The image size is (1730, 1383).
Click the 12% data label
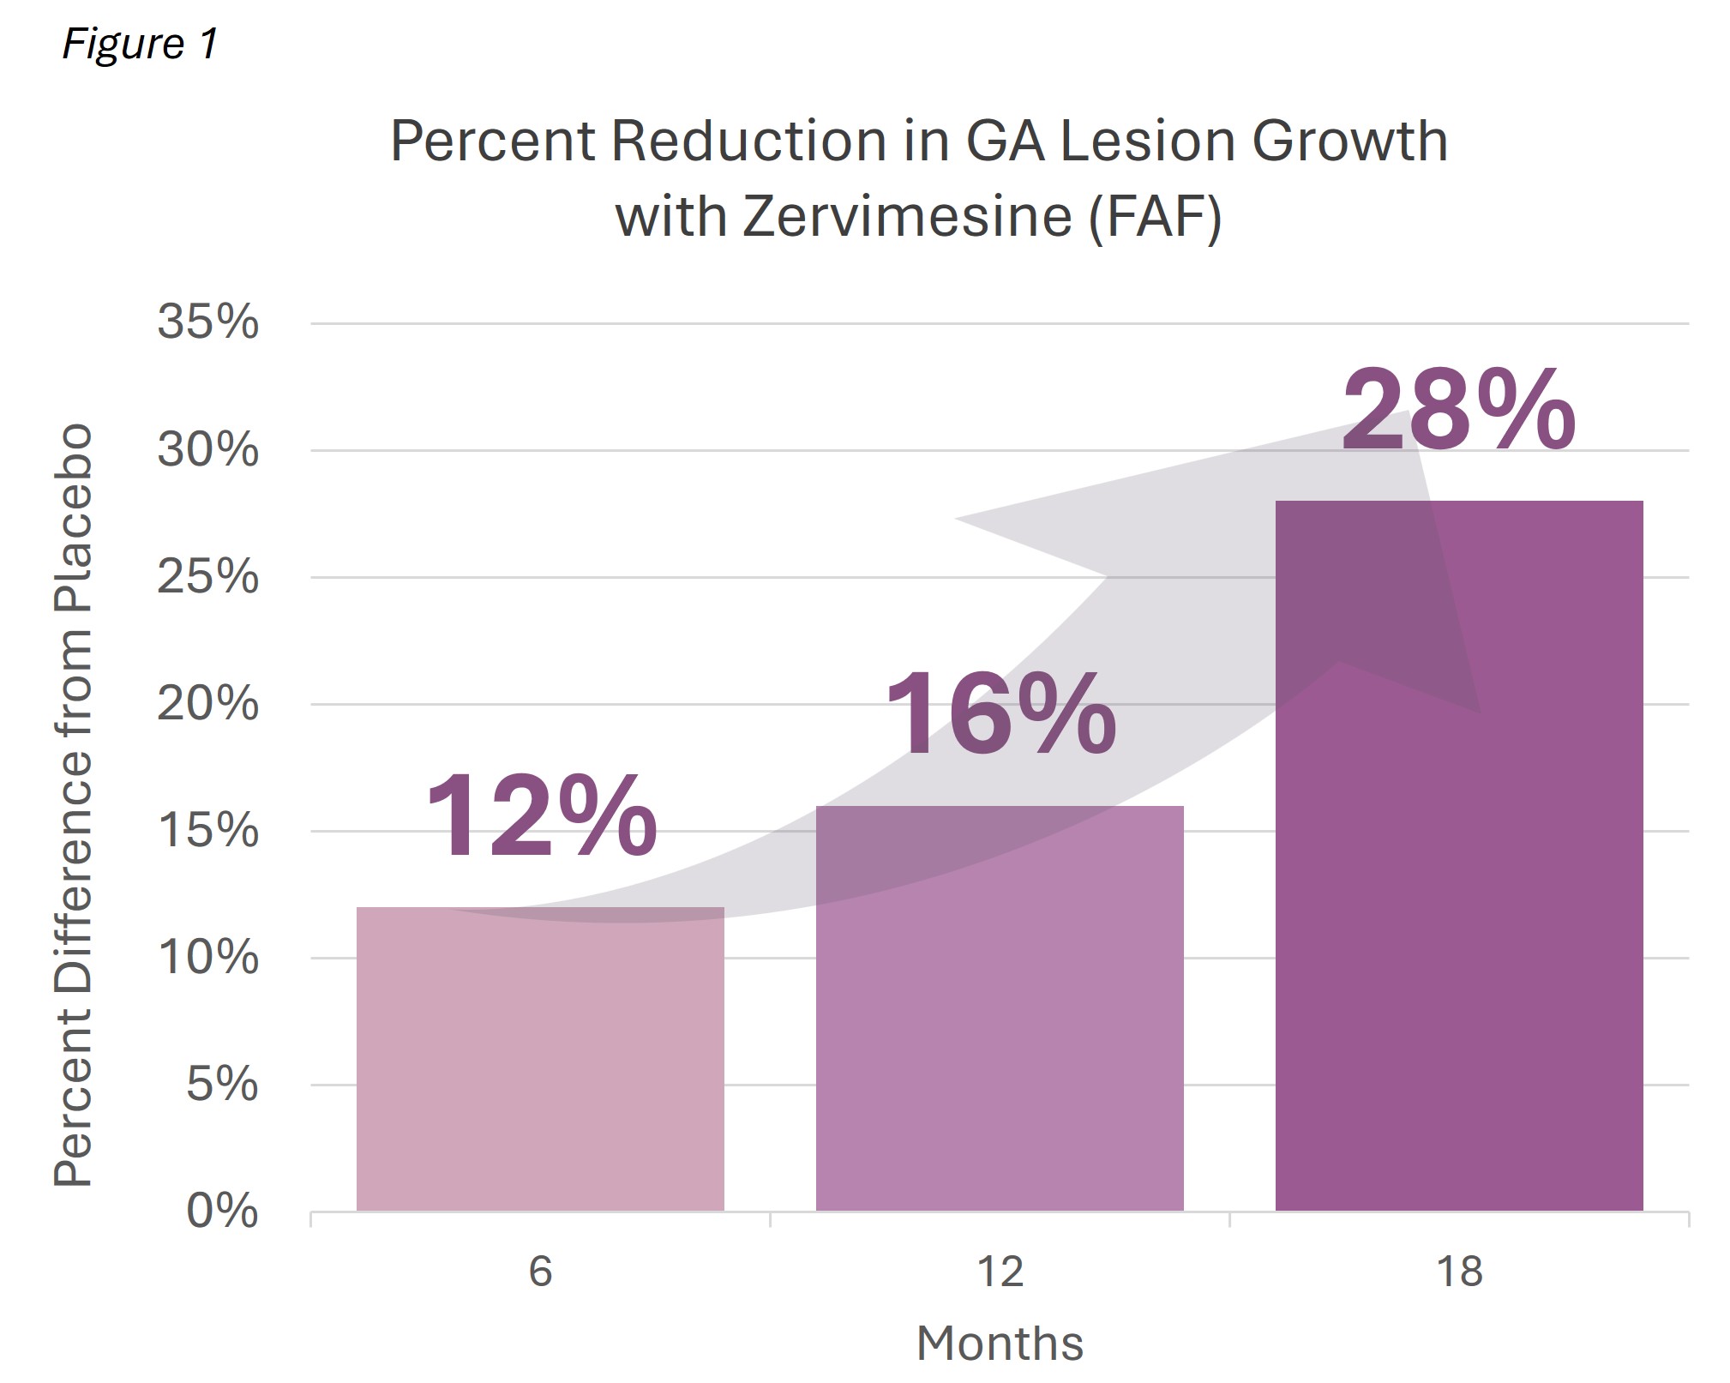pos(541,815)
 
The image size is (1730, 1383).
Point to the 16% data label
pos(1000,715)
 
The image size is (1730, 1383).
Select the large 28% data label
pos(1458,411)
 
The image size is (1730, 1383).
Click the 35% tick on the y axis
pos(207,322)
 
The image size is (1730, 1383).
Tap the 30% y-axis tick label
pos(207,449)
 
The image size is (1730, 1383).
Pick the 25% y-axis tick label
pos(207,576)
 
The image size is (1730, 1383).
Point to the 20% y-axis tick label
pos(207,704)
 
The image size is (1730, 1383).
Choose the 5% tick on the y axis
pos(222,1085)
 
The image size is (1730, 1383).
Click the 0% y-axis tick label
pos(222,1211)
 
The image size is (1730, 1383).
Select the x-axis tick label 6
pos(540,1271)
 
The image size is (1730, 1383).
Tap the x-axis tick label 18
pos(1459,1271)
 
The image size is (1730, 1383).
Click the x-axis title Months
pos(1000,1343)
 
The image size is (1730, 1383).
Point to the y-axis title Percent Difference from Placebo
pos(73,806)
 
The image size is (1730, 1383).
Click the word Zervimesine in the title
pos(907,215)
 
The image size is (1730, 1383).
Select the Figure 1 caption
pos(141,43)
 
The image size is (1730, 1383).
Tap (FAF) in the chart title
pos(1155,215)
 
